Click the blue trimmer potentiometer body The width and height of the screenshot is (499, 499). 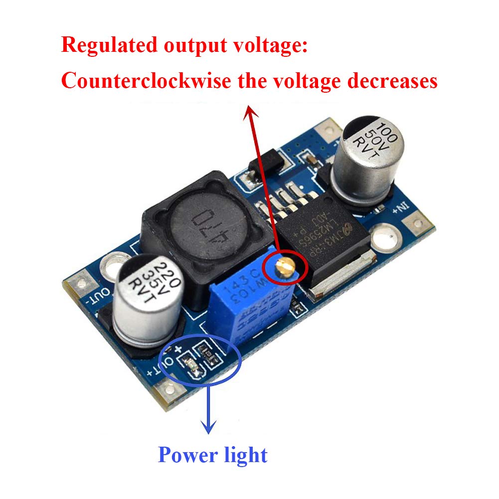(x=257, y=304)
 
